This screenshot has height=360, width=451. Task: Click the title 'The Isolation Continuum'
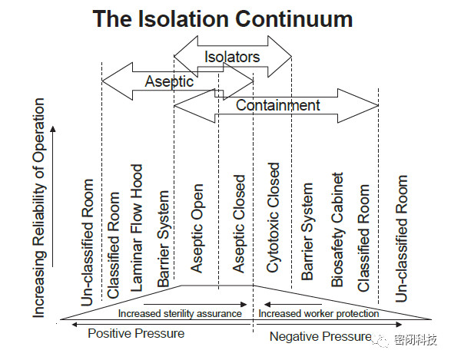(x=223, y=18)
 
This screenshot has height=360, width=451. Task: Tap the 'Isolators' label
(x=232, y=57)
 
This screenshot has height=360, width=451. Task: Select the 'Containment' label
(x=278, y=105)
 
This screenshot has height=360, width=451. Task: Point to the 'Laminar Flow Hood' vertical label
(x=137, y=228)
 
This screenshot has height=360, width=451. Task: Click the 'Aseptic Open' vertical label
(x=197, y=228)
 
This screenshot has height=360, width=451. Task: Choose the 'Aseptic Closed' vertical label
(x=239, y=224)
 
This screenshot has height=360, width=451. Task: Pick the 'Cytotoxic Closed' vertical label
(x=274, y=217)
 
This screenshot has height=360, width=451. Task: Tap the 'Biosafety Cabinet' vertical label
(x=337, y=230)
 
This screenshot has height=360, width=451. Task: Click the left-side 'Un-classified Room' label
(x=88, y=243)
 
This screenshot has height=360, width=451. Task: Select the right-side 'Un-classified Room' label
(x=401, y=239)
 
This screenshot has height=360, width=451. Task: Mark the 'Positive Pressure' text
(x=136, y=334)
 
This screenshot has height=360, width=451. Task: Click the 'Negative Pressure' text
(x=320, y=336)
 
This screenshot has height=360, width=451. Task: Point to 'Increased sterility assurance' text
(x=180, y=313)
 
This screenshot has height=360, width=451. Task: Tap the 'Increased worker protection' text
(x=318, y=313)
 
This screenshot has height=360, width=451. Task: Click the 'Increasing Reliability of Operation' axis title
(x=39, y=208)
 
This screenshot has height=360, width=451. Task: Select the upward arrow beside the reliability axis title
(x=53, y=197)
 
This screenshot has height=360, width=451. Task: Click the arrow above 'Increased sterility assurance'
(x=195, y=304)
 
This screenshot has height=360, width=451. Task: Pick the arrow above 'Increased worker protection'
(x=293, y=304)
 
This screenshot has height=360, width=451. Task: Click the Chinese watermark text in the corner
(x=416, y=340)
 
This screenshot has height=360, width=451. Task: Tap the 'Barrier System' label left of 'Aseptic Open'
(x=164, y=239)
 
